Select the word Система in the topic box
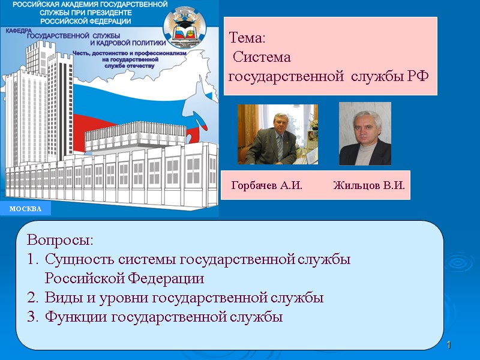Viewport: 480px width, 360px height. click(x=262, y=58)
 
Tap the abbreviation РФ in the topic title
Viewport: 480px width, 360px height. click(x=418, y=77)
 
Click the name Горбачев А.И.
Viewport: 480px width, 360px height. click(x=266, y=185)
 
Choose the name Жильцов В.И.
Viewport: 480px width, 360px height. click(x=369, y=185)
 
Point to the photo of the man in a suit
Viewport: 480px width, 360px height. click(x=278, y=134)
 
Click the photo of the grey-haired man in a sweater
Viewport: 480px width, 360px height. click(x=365, y=134)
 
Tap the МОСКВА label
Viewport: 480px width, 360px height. click(x=26, y=209)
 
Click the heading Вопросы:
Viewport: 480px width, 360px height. click(x=61, y=241)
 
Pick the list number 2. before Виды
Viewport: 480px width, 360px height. click(x=32, y=298)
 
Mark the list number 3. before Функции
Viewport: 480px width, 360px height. click(x=32, y=317)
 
